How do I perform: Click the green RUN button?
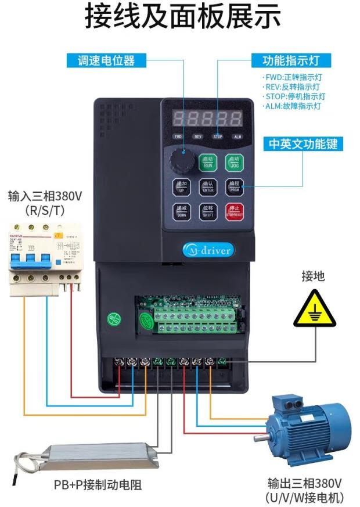tap(207, 162)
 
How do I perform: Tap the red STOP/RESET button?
tap(235, 211)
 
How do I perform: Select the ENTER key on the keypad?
tap(207, 186)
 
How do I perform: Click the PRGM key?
tap(235, 186)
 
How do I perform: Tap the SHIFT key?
tap(207, 211)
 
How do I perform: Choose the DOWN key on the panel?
tap(181, 211)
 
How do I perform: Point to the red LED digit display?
tap(208, 118)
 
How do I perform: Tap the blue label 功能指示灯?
tap(289, 60)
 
